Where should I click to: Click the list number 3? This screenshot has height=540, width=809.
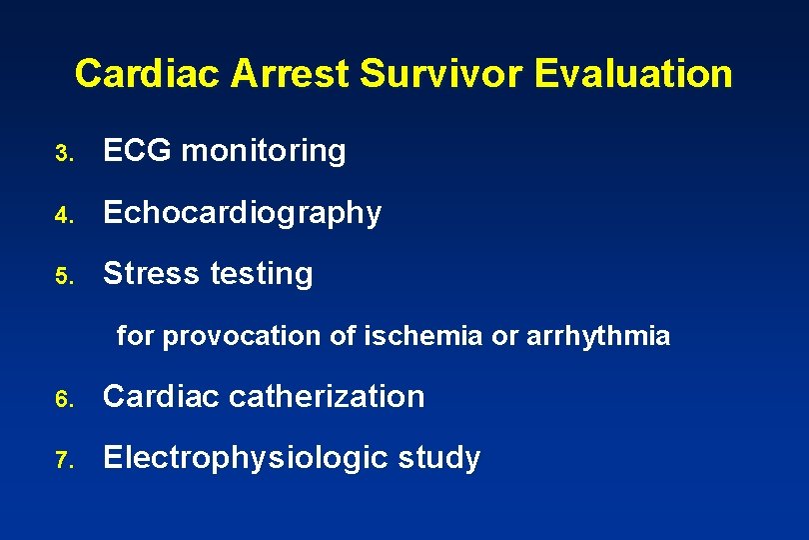pos(63,154)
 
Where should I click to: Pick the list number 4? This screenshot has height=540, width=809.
pos(63,215)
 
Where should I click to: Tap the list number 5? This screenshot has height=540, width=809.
pos(63,276)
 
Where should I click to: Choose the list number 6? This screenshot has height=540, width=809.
pos(63,400)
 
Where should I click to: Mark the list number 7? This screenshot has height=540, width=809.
pos(63,461)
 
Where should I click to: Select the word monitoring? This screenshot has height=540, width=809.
pos(264,152)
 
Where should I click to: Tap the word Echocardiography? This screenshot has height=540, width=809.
pos(243,213)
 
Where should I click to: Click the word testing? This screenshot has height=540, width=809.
pos(262,274)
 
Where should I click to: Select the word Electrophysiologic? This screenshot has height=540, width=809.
pos(247,458)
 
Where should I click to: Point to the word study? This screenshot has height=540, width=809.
pos(439,459)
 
